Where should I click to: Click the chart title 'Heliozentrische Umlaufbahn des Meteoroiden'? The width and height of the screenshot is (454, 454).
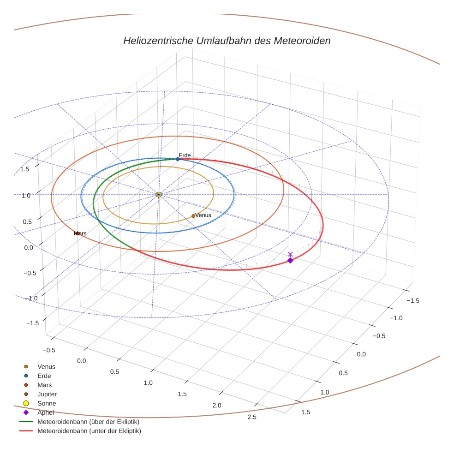[227, 41]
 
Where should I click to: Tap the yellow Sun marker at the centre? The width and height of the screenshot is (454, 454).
[159, 195]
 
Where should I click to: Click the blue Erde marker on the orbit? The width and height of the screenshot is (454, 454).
[178, 159]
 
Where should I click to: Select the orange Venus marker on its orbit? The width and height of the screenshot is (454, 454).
[193, 216]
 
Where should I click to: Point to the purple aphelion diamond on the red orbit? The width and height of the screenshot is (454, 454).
[290, 261]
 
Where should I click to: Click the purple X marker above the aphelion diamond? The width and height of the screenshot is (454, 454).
[290, 254]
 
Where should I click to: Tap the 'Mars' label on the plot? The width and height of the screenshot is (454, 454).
[80, 233]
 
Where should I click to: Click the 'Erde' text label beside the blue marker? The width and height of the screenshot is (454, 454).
[185, 155]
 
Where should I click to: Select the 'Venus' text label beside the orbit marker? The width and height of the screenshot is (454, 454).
[203, 215]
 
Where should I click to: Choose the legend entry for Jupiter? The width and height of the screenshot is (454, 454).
[47, 394]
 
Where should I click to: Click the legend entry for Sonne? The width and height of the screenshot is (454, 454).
[47, 404]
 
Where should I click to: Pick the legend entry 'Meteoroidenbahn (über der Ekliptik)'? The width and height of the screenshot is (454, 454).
[88, 422]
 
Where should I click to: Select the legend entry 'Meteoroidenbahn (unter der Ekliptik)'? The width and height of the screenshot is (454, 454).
[89, 431]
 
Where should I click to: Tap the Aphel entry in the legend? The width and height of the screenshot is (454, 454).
[46, 412]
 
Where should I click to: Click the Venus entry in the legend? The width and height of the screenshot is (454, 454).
[46, 367]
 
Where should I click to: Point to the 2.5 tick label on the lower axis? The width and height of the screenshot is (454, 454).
[252, 417]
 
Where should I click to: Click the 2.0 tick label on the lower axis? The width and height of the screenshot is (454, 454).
[216, 406]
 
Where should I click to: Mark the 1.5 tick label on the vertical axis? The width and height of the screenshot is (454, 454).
[25, 169]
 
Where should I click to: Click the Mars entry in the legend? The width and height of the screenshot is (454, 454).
[44, 385]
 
